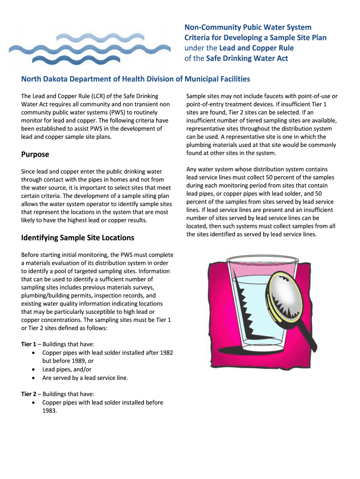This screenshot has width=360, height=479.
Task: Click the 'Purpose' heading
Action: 35,154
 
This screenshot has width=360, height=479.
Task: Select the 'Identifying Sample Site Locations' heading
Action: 78,238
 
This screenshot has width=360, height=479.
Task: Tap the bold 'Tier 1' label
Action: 30,344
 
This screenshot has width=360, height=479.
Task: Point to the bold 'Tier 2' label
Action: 30,394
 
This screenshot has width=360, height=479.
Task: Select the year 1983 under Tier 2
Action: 50,411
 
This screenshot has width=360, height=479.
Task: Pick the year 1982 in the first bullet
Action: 166,353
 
